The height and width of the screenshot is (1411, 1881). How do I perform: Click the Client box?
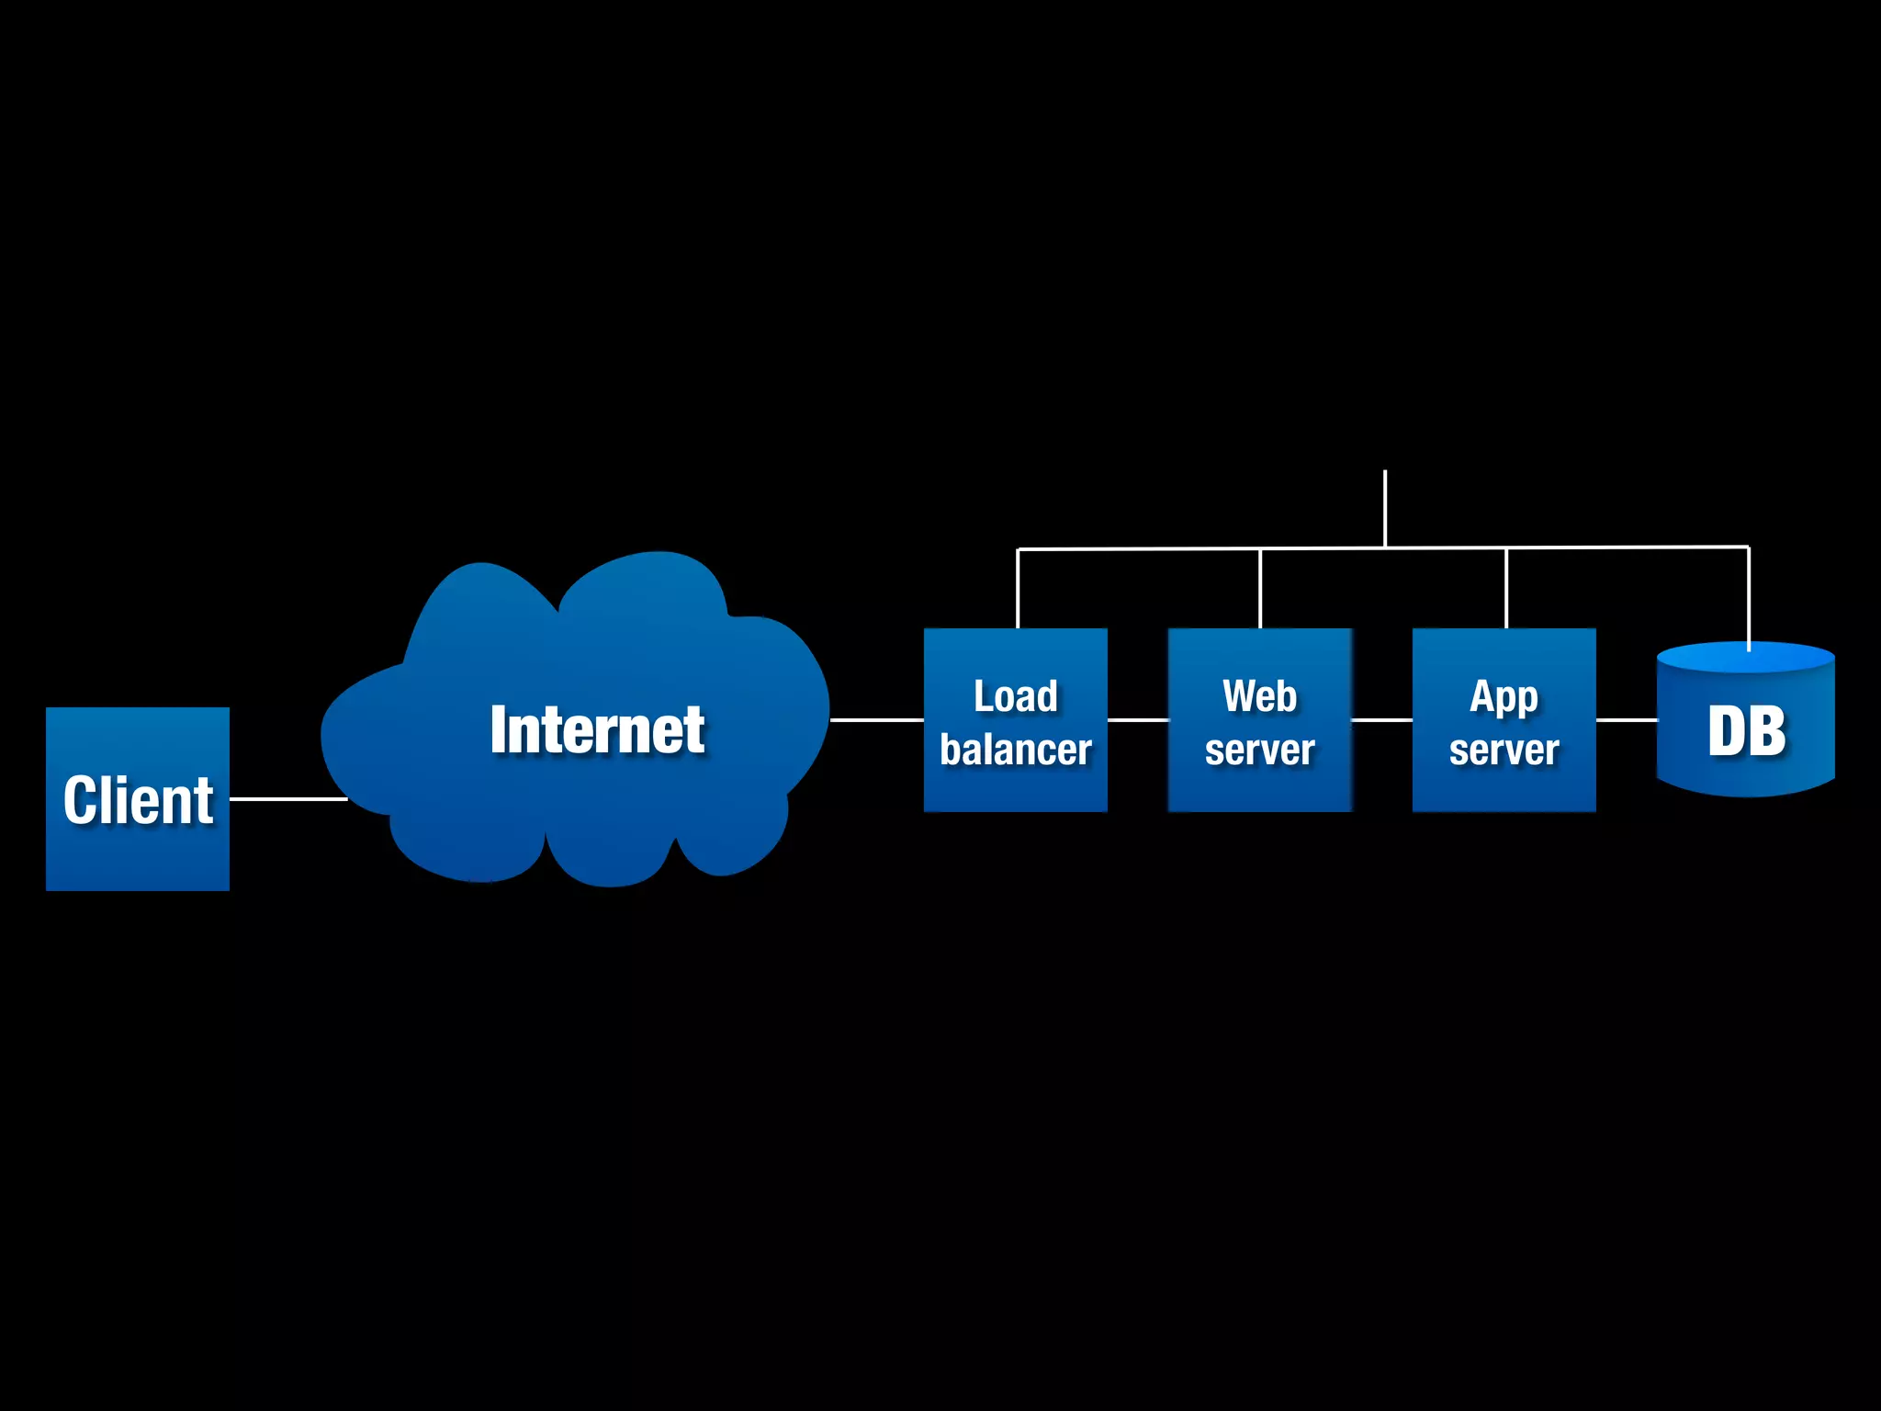coord(138,798)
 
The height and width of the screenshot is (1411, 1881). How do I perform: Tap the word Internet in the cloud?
coord(597,730)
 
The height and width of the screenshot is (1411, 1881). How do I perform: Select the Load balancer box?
coord(1015,720)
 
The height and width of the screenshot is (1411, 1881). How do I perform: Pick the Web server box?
coord(1259,720)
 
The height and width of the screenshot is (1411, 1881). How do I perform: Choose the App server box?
coord(1504,720)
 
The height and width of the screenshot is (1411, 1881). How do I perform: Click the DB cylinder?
coord(1745,735)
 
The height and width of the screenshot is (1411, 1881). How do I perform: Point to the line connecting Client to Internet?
coord(287,798)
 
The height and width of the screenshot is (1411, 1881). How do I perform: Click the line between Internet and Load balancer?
coord(876,720)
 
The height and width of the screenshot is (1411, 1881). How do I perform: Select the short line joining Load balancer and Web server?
coord(1137,720)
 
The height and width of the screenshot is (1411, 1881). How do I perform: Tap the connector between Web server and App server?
coord(1381,720)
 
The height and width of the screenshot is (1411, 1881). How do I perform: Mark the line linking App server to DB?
coord(1626,720)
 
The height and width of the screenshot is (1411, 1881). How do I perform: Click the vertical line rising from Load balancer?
coord(1018,589)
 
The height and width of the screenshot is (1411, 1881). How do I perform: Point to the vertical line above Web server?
coord(1260,589)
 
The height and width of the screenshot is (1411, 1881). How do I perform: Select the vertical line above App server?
coord(1506,589)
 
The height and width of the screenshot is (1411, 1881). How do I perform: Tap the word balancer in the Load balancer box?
coord(1015,750)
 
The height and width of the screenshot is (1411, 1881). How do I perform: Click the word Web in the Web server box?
coord(1259,696)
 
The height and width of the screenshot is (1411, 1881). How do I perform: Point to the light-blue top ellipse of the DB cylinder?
coord(1708,658)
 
